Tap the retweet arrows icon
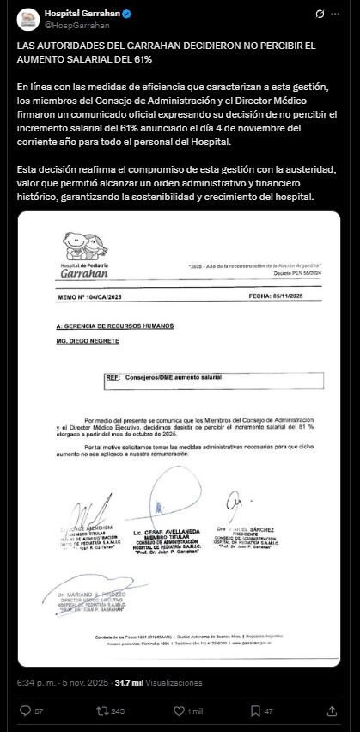pos(102,711)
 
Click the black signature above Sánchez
pos(234,503)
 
